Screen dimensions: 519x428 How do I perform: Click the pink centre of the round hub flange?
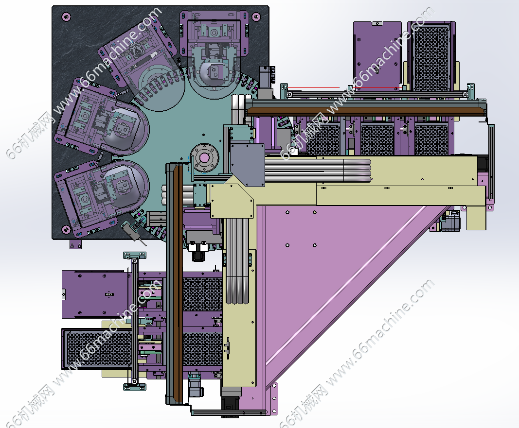204,158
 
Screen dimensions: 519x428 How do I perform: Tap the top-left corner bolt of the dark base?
66,16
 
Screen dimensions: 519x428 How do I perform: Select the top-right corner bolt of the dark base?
256,17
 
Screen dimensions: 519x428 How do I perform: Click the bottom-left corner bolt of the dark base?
66,229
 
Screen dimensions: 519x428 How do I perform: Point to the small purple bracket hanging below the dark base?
75,244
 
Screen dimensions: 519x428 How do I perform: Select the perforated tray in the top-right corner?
431,57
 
